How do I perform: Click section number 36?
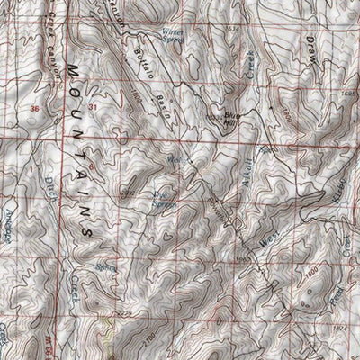coord(35,109)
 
